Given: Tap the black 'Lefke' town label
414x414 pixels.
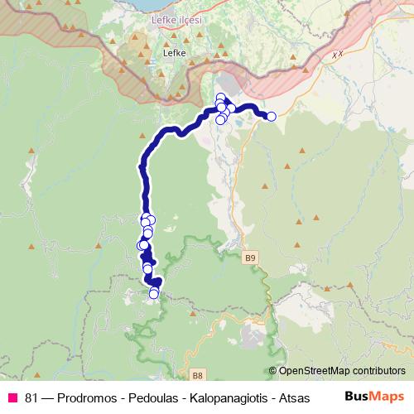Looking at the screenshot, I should pyautogui.click(x=175, y=52).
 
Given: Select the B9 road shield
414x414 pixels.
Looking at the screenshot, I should pyautogui.click(x=251, y=259).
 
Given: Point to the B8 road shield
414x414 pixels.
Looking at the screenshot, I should pyautogui.click(x=197, y=373).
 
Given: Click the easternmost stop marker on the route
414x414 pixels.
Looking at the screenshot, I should pyautogui.click(x=271, y=117).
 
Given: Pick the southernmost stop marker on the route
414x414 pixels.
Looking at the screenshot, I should pyautogui.click(x=153, y=294).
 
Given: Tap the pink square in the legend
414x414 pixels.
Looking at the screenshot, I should pyautogui.click(x=12, y=397).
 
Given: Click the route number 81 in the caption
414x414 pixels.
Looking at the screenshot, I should pyautogui.click(x=32, y=397).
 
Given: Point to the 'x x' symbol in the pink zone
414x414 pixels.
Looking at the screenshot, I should pyautogui.click(x=335, y=55).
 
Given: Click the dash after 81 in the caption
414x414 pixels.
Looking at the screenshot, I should pyautogui.click(x=48, y=397).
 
